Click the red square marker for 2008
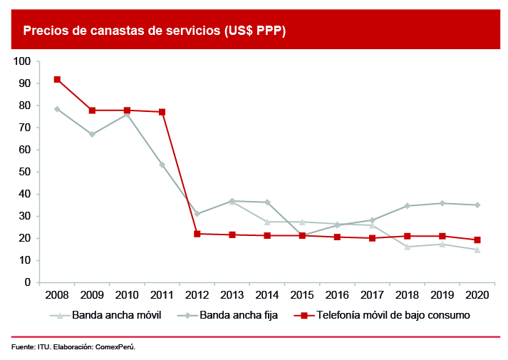57,79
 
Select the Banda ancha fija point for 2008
57,109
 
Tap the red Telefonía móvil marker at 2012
197,234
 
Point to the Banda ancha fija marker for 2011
162,165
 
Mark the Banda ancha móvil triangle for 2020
477,250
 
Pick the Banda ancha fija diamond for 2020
477,205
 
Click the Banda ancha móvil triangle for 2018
407,247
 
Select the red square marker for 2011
162,112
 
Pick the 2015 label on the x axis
302,294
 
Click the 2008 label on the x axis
57,294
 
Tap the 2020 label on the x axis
477,294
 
